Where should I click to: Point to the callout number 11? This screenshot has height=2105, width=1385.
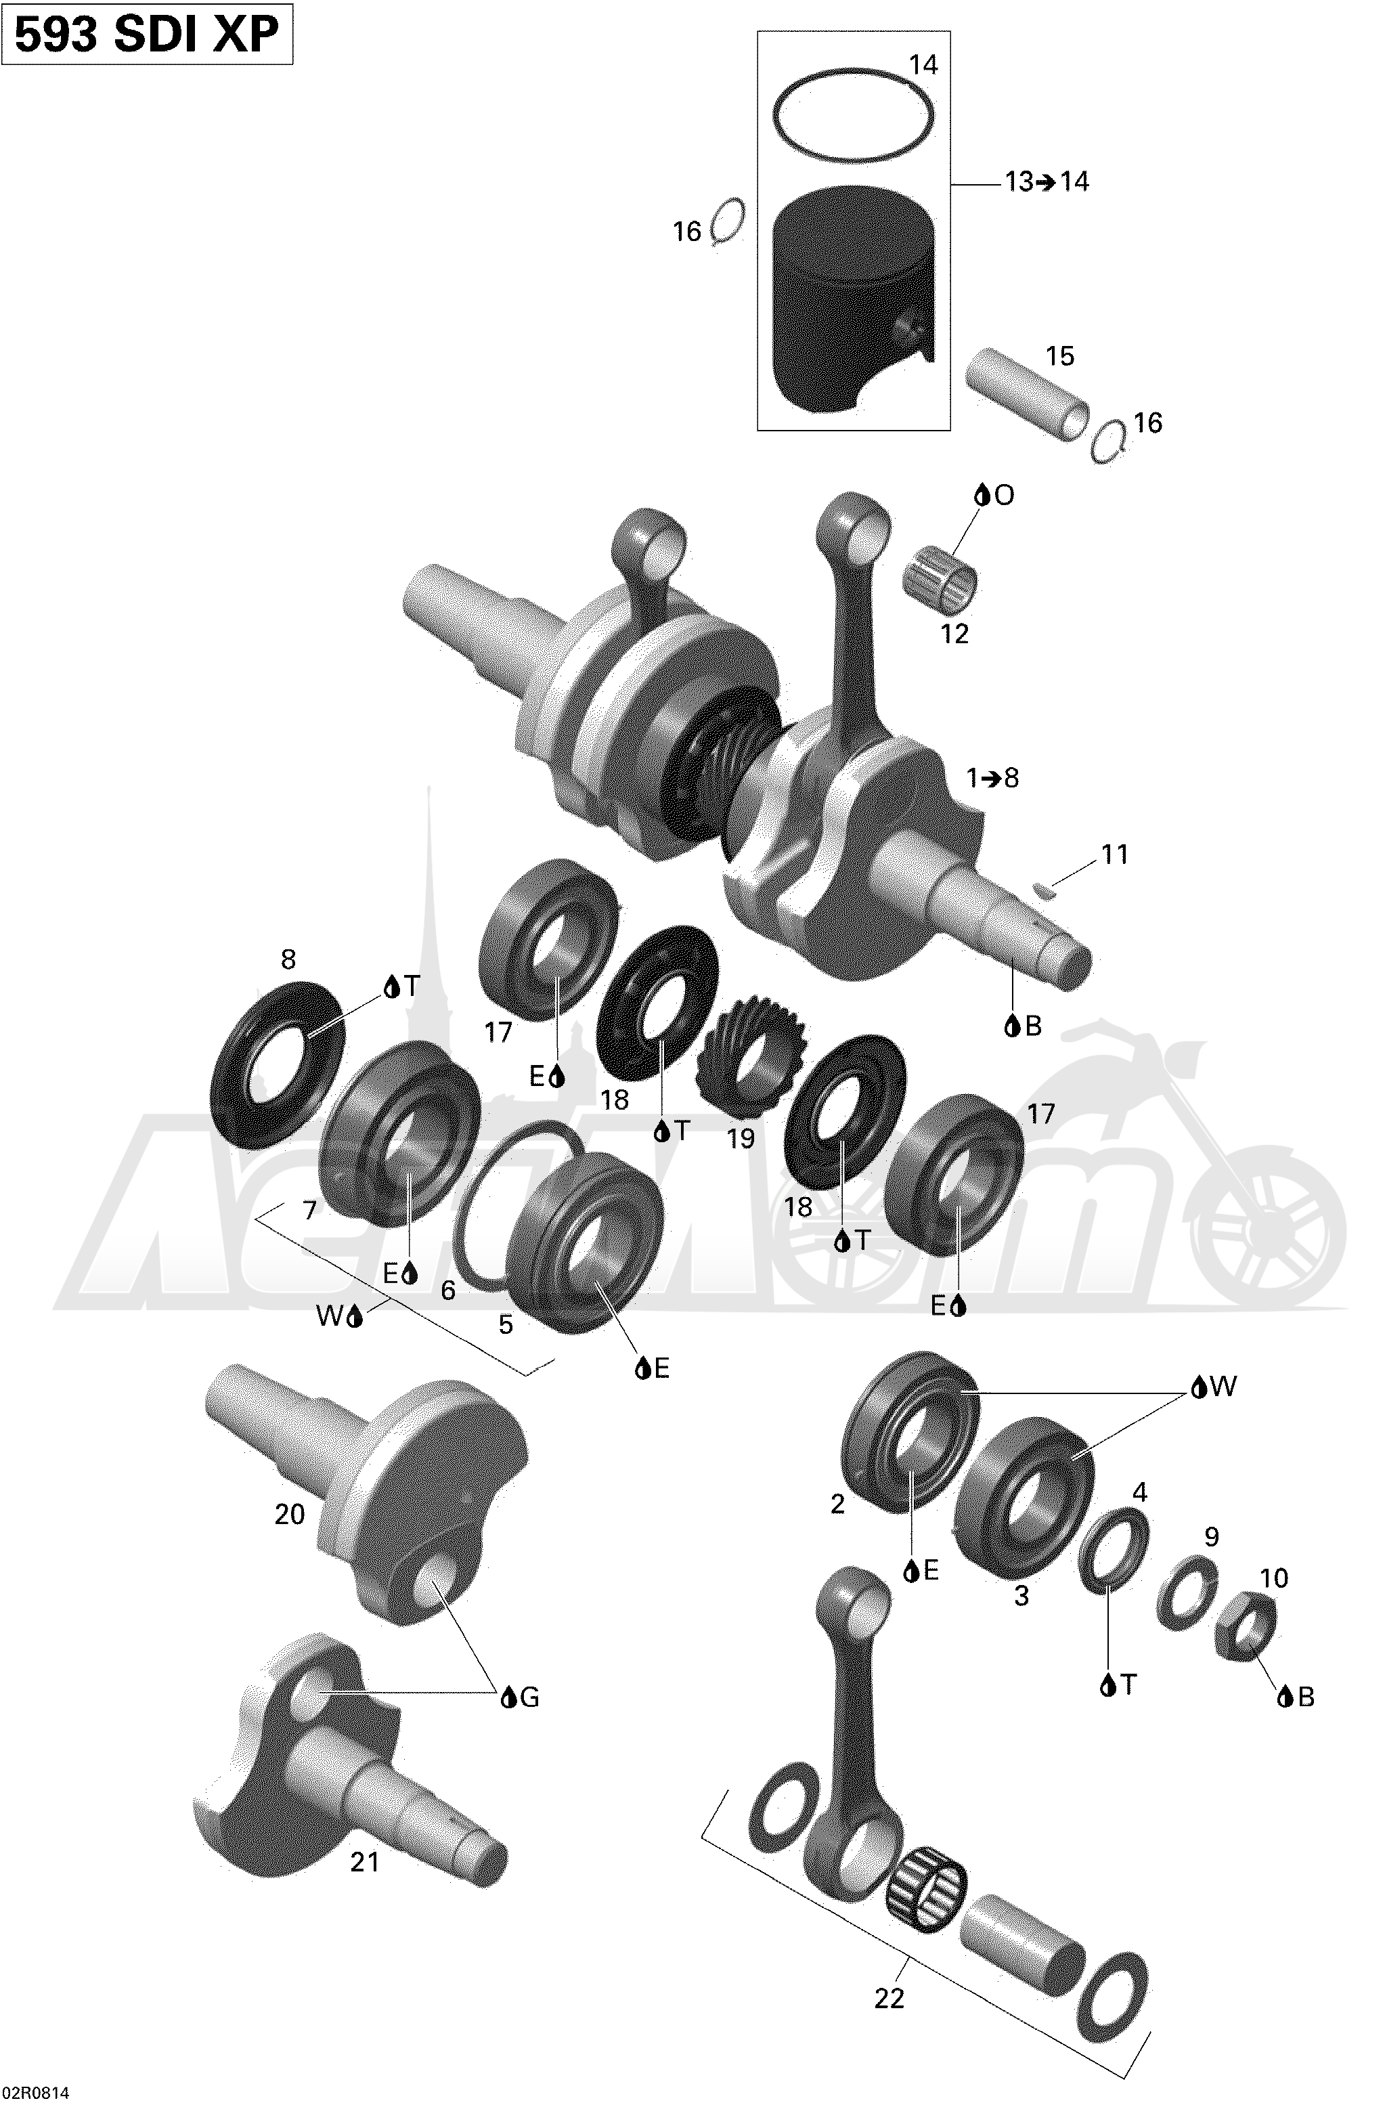click(1114, 854)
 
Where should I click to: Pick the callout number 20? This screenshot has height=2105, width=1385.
click(289, 1514)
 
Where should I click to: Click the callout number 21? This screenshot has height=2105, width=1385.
click(364, 1863)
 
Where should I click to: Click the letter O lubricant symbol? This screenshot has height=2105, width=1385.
click(994, 496)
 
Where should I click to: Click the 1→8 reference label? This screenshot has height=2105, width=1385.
click(992, 779)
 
